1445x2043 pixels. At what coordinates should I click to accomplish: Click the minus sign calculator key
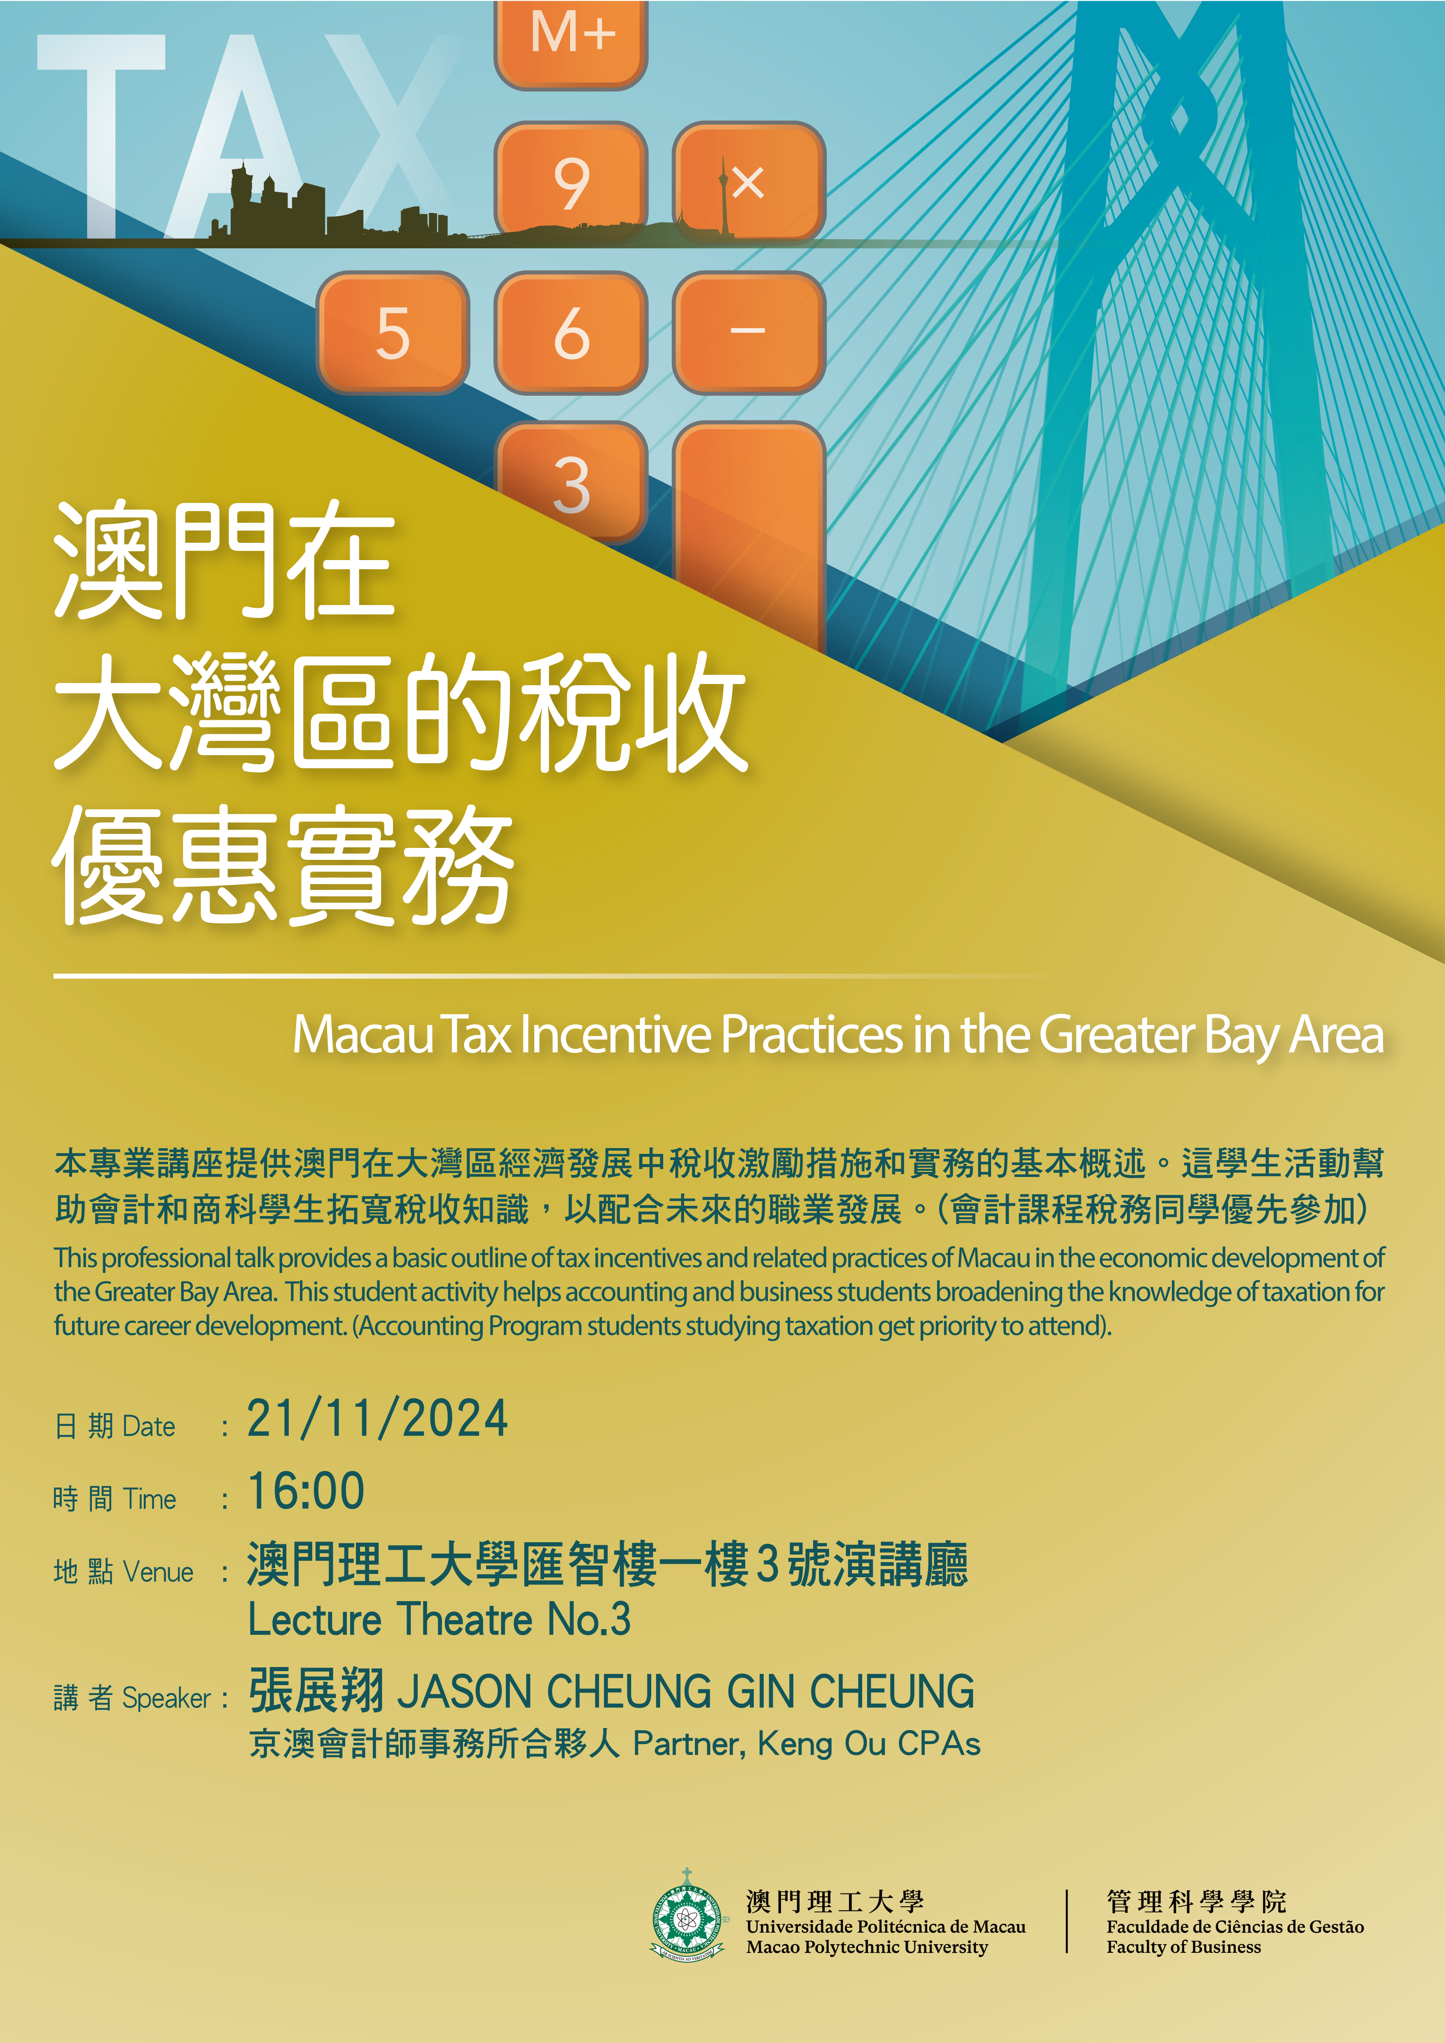coord(748,332)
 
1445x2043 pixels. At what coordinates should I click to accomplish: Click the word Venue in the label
coord(158,1572)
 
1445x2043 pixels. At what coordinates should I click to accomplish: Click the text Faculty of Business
coord(1183,1947)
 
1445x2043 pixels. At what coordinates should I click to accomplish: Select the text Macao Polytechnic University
coord(867,1947)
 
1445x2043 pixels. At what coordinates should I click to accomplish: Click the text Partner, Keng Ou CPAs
coord(806,1744)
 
